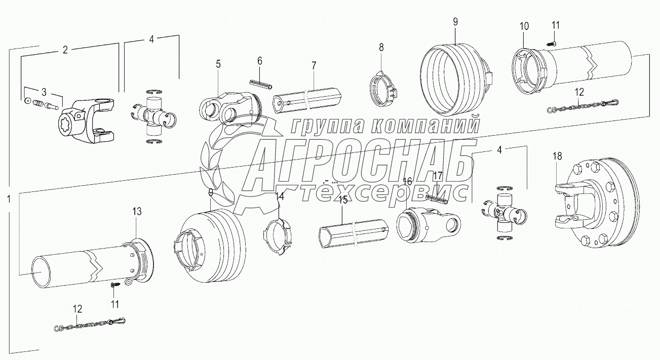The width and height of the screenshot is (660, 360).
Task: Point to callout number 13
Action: pyautogui.click(x=137, y=211)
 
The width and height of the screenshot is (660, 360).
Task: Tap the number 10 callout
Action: pyautogui.click(x=524, y=25)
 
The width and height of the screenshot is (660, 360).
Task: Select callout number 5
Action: pyautogui.click(x=218, y=64)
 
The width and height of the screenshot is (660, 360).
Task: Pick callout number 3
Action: pyautogui.click(x=44, y=92)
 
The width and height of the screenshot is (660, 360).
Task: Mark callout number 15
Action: pyautogui.click(x=343, y=200)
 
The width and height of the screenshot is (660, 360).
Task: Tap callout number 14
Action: pyautogui.click(x=280, y=195)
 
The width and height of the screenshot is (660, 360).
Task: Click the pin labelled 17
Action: pyautogui.click(x=437, y=199)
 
